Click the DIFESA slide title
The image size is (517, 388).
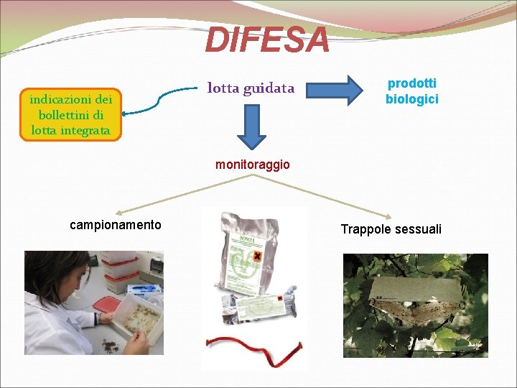click(x=267, y=40)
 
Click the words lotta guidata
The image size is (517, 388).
click(x=251, y=88)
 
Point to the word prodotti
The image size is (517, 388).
click(x=411, y=84)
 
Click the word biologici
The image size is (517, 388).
click(x=411, y=99)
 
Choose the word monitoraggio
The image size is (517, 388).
click(x=253, y=165)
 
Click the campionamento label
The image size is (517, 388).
click(x=116, y=225)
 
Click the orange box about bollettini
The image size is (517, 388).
click(x=71, y=115)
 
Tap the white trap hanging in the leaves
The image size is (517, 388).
click(x=416, y=298)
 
